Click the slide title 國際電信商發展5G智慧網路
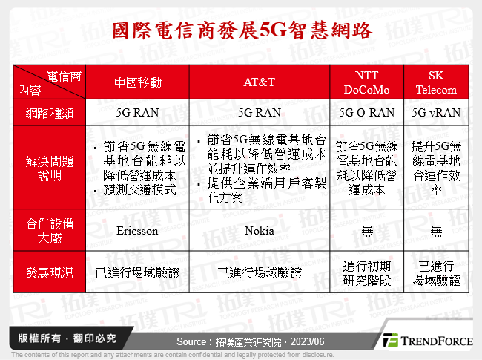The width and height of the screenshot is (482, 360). pos(241,30)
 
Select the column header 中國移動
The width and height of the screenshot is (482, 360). pos(137,83)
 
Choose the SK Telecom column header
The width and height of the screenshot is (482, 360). pos(436,83)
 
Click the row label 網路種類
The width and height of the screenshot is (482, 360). pos(49,113)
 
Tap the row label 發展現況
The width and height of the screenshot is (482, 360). pos(49,273)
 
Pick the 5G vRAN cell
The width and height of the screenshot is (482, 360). pos(436,113)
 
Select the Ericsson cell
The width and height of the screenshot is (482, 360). pos(137,231)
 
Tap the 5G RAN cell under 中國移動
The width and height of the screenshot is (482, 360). pos(137,113)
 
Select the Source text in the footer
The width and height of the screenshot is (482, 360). pos(241,341)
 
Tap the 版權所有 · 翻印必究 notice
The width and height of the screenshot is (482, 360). pos(67,338)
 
